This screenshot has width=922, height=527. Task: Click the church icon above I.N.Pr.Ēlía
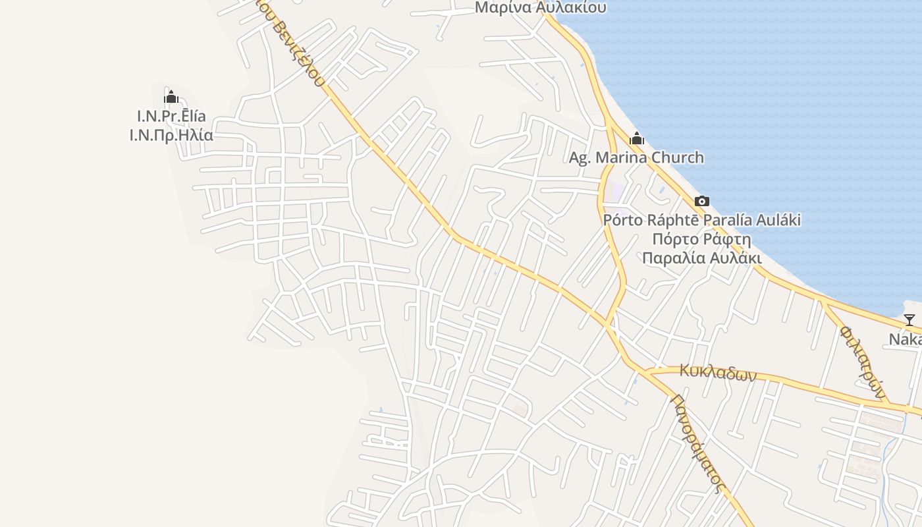[171, 97]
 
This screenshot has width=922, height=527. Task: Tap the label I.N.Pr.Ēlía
[171, 117]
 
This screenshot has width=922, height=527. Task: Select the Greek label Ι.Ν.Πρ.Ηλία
[171, 136]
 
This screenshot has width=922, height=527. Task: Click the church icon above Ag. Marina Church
[637, 138]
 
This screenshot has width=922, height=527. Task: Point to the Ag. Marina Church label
[636, 158]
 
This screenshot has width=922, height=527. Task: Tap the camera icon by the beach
[702, 201]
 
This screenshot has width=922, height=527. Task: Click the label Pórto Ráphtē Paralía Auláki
[702, 220]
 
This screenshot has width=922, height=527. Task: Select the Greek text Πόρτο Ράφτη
[702, 239]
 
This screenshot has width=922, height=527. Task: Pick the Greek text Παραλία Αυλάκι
[702, 258]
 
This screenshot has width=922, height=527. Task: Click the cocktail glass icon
[909, 320]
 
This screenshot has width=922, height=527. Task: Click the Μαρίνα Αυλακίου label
[540, 8]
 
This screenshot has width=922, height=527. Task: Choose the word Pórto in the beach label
[622, 220]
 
